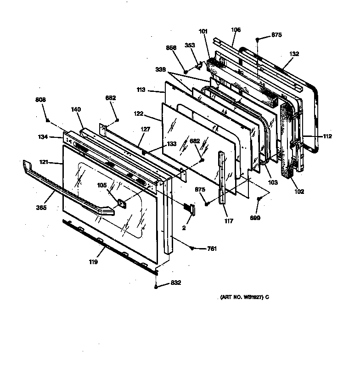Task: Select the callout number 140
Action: click(x=76, y=109)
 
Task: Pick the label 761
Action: click(x=212, y=249)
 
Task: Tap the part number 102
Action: click(x=299, y=192)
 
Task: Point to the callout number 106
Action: click(x=236, y=30)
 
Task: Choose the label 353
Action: click(x=190, y=45)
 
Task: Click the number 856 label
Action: click(x=171, y=47)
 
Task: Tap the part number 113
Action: click(x=141, y=91)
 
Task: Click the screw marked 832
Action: click(x=157, y=287)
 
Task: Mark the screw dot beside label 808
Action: click(x=48, y=120)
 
